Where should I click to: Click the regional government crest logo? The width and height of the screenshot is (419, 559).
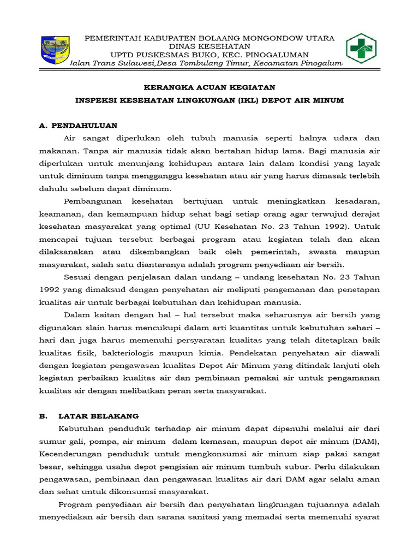click(55, 50)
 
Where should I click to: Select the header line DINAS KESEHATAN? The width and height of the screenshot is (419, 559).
click(210, 46)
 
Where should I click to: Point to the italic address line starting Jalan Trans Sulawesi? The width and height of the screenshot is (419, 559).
click(206, 64)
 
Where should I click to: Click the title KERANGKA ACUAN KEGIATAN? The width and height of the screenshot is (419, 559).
click(209, 87)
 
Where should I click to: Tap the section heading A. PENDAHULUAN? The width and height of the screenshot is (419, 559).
click(78, 125)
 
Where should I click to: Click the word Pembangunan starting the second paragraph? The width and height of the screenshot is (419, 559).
click(92, 201)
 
